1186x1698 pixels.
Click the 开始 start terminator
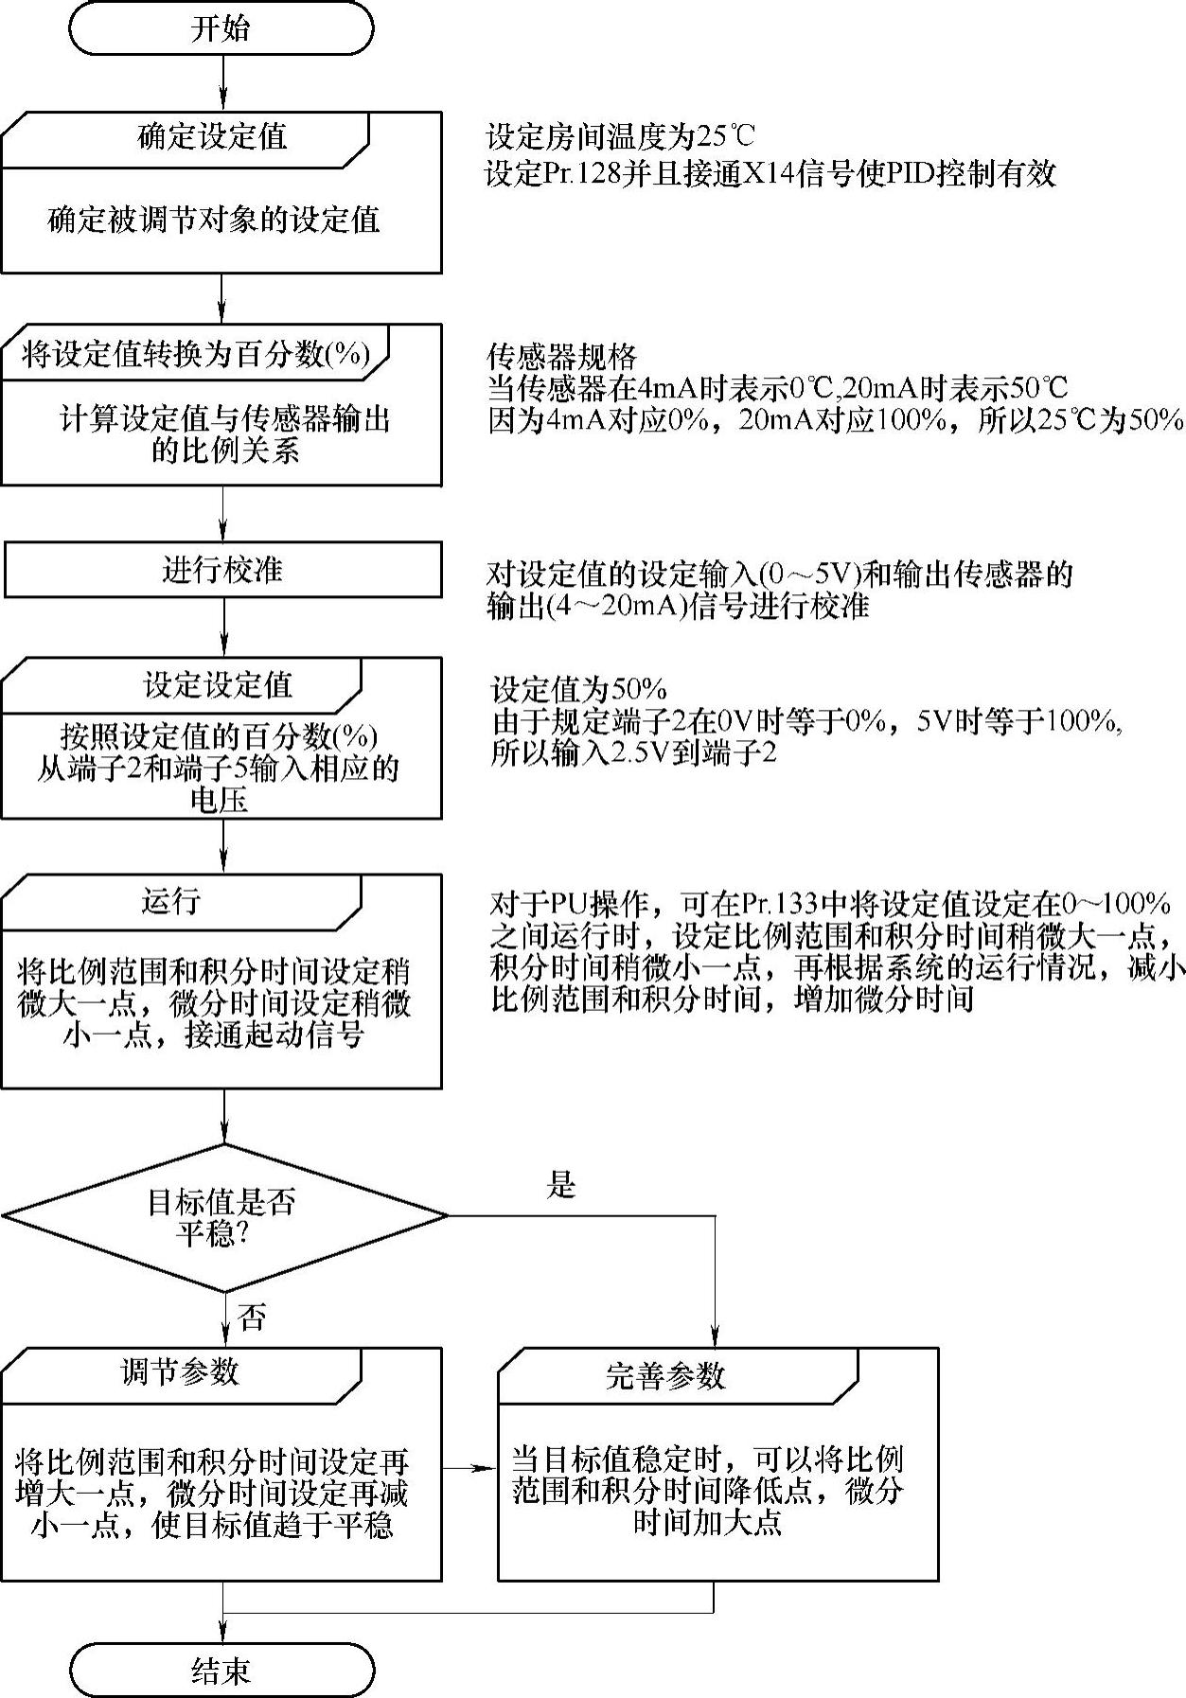tap(221, 28)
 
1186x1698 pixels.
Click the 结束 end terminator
tap(221, 1671)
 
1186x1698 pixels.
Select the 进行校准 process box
tap(221, 570)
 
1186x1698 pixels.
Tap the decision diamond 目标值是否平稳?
tap(223, 1216)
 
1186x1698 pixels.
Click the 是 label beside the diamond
tap(561, 1184)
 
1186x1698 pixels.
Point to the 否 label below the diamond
tap(252, 1318)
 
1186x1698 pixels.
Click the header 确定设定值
tap(212, 137)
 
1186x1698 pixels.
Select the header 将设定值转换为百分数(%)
tap(194, 354)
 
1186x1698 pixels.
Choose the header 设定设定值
tap(218, 684)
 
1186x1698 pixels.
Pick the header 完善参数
tap(664, 1375)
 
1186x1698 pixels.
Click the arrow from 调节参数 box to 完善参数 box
tap(469, 1468)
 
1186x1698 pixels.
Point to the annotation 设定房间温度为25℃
tap(620, 137)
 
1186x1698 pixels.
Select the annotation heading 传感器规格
tap(562, 357)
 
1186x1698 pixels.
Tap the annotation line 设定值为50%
tap(578, 688)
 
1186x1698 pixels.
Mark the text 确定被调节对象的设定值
tap(214, 221)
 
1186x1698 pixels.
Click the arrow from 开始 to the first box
tap(223, 83)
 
